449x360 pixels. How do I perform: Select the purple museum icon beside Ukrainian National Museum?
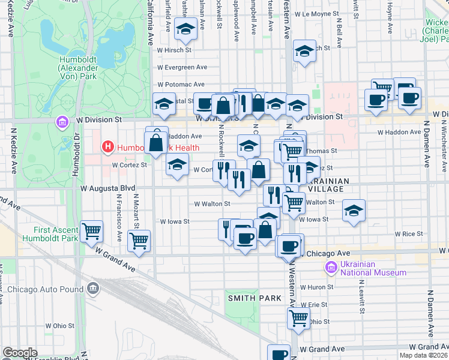(x=330, y=267)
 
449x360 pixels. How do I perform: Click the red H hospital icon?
(x=108, y=146)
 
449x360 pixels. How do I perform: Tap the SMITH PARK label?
(x=246, y=298)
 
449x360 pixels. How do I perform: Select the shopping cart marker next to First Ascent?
(x=92, y=230)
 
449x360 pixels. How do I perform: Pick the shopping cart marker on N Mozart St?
(x=139, y=241)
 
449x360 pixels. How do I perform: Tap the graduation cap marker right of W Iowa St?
(x=354, y=211)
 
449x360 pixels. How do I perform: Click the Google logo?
(x=20, y=352)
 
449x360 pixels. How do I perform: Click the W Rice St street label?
(x=410, y=234)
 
